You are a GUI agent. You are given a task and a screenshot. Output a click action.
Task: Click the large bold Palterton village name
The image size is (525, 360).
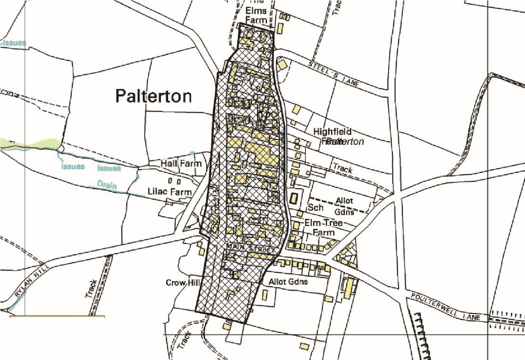pos(153,96)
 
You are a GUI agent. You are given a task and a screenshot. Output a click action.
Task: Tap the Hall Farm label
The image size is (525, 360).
pos(182,164)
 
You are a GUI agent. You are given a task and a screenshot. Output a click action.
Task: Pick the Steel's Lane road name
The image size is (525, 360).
pos(334,73)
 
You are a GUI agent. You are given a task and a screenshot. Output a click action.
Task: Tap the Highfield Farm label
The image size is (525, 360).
pos(332,136)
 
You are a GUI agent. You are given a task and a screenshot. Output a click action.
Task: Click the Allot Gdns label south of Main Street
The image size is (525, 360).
pos(288,282)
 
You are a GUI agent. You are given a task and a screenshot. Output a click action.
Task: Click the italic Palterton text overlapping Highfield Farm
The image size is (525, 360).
pos(346,142)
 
